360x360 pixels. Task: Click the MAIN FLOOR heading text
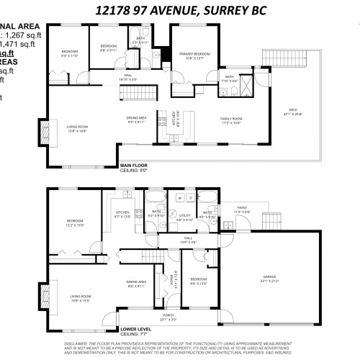pyautogui.click(x=134, y=164)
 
